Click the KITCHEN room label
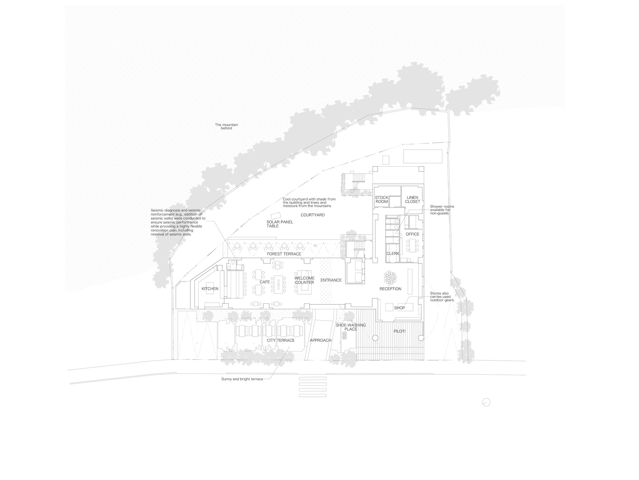[x=210, y=289]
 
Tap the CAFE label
[x=265, y=282]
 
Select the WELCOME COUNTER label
[x=304, y=280]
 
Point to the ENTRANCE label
[x=331, y=280]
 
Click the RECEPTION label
[x=390, y=289]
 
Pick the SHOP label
[x=399, y=308]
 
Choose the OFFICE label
[x=412, y=234]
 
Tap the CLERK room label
[x=393, y=254]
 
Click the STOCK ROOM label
[x=381, y=200]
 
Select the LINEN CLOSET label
[x=412, y=200]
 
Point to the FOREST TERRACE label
[x=284, y=254]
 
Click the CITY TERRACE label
[x=281, y=340]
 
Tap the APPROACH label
[x=320, y=340]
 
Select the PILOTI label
[x=399, y=331]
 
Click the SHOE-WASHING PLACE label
[x=350, y=327]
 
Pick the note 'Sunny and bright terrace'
[x=242, y=379]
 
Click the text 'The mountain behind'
[x=226, y=127]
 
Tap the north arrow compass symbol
[x=486, y=402]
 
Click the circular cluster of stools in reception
[x=390, y=277]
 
